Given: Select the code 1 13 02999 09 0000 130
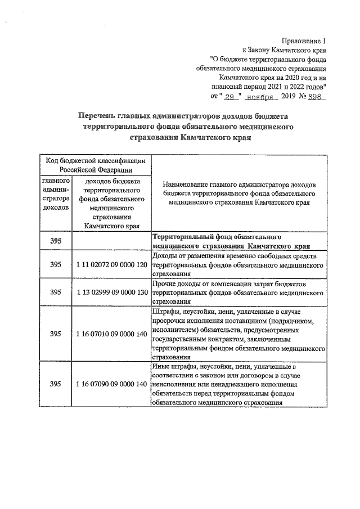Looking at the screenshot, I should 111,292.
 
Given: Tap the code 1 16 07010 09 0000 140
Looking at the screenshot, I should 111,334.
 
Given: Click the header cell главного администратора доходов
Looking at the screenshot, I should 56,194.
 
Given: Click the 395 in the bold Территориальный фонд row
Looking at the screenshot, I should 56,240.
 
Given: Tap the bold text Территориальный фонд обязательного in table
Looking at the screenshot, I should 217,237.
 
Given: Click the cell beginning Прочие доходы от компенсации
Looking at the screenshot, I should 238,292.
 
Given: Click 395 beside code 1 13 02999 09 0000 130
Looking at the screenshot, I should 56,292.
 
